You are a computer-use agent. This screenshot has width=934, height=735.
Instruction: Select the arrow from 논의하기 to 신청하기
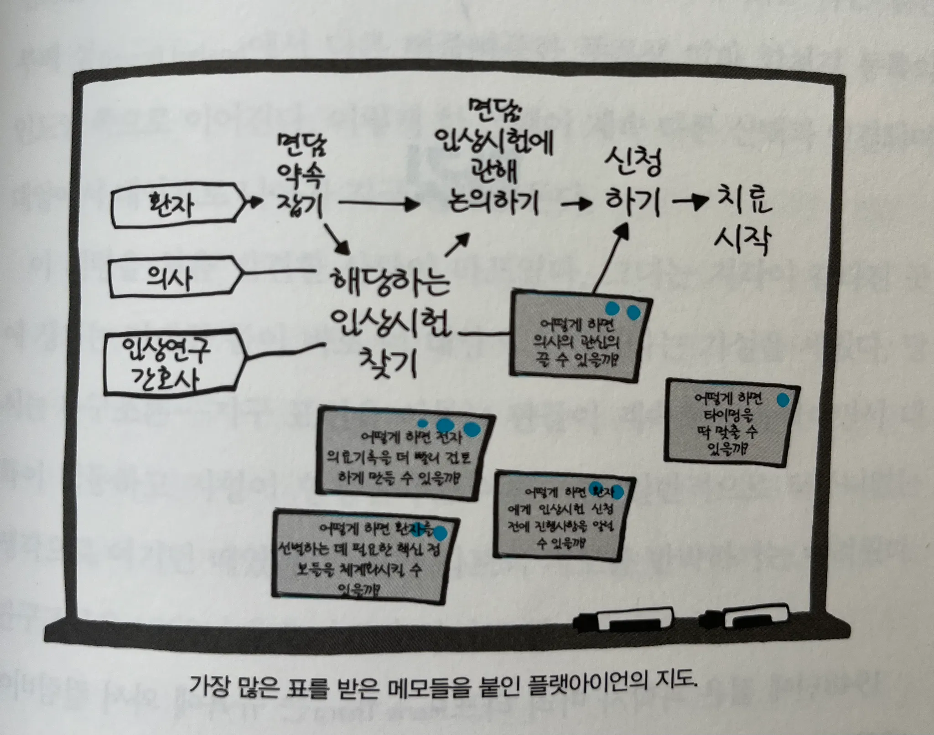tap(577, 204)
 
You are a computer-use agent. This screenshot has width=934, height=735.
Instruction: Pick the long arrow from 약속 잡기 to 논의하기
tap(379, 204)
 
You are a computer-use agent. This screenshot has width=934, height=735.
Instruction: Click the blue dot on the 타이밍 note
tap(783, 400)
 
